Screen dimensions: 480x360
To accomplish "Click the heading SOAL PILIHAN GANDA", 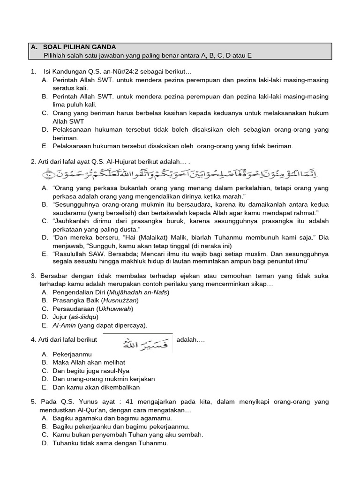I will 79,47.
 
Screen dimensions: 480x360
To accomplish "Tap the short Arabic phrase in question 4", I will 138,345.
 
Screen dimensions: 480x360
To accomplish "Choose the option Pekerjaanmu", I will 72,354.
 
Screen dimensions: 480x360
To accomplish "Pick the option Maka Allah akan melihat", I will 89,362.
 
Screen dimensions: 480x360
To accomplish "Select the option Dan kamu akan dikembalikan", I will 96,388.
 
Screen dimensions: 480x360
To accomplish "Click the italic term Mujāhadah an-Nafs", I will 137,292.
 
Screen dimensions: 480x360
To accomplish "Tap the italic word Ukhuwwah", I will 115,309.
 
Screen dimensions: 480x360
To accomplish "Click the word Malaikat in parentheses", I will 123,237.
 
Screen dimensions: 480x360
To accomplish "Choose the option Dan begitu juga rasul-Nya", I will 91,371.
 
